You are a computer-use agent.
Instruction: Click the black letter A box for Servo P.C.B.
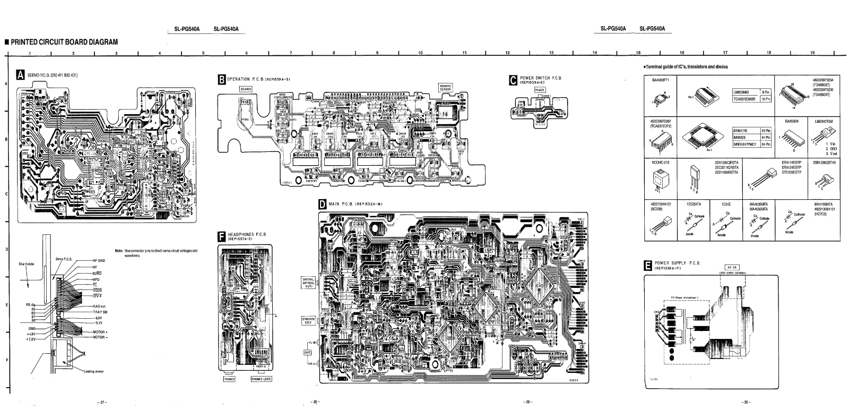(x=20, y=75)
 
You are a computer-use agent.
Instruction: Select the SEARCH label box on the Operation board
(x=245, y=89)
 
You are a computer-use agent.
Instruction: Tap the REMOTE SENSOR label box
(x=445, y=88)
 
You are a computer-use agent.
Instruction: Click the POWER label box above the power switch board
(x=539, y=90)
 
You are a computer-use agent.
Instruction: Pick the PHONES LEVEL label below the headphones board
(x=261, y=379)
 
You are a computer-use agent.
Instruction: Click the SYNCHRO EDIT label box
(x=308, y=320)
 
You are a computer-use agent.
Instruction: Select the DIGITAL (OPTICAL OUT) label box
(x=308, y=282)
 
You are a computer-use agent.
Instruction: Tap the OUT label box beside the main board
(x=307, y=352)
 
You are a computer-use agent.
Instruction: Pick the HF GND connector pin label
(x=99, y=260)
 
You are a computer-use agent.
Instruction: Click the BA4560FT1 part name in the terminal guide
(x=660, y=80)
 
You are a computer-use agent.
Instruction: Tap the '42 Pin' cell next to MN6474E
(x=766, y=130)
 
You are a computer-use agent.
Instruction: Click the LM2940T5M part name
(x=824, y=122)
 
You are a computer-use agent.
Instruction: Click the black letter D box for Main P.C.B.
(x=322, y=204)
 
